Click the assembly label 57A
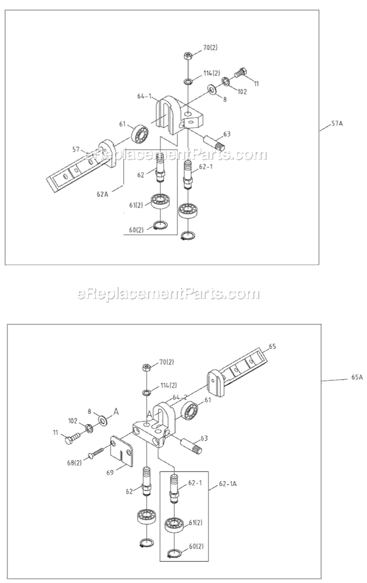(x=337, y=124)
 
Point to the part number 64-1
(x=144, y=96)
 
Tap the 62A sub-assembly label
(x=103, y=193)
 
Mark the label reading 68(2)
(x=74, y=462)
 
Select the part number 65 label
(x=271, y=347)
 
